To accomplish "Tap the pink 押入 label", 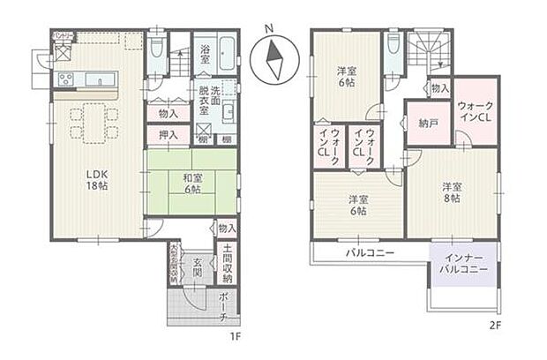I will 169,135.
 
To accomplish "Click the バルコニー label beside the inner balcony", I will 369,252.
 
